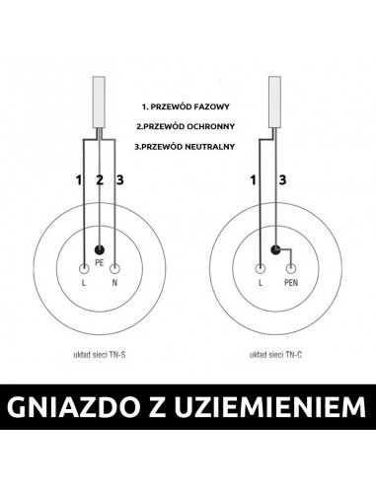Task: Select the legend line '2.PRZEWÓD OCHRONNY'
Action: tap(188, 125)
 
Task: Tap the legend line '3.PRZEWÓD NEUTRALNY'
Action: tap(188, 147)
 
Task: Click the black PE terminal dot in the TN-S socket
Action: tap(100, 251)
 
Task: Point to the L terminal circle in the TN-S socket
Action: tap(84, 267)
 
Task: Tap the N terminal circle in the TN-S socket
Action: tap(115, 267)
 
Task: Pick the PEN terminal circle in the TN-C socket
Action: tap(291, 267)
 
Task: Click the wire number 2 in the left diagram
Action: tap(100, 179)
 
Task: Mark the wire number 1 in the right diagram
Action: tap(253, 179)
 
